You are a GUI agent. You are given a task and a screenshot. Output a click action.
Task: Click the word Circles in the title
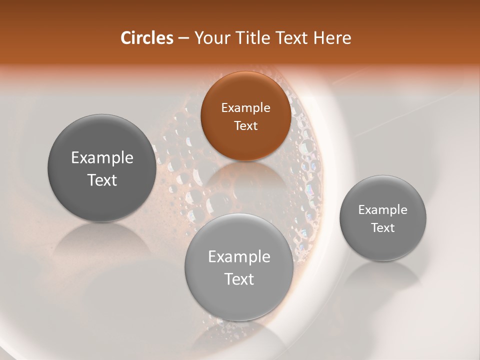click(x=146, y=38)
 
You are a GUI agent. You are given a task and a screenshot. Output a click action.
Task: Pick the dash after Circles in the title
click(x=183, y=39)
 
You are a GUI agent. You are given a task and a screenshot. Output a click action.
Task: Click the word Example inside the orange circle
click(x=245, y=108)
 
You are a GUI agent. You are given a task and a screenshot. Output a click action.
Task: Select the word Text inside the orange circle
click(x=245, y=125)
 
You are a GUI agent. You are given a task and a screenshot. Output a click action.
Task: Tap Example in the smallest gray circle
click(x=382, y=210)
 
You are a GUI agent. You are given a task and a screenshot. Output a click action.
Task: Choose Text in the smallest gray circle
click(x=382, y=227)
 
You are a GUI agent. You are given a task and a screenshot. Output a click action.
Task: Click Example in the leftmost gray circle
click(x=102, y=158)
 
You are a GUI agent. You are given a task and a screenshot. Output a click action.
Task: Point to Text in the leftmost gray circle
click(x=102, y=180)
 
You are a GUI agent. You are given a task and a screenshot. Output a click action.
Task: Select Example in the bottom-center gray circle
click(x=239, y=257)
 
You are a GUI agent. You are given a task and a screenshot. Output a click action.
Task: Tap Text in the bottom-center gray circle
click(x=239, y=279)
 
